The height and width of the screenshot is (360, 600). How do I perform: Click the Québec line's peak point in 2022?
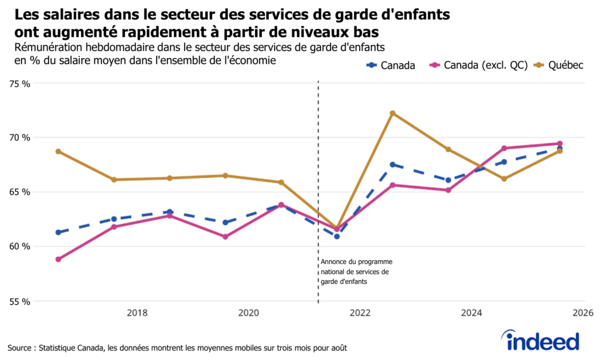(x=393, y=113)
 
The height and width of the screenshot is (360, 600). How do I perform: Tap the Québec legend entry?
(x=559, y=66)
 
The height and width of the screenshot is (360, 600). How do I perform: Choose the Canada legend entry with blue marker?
(x=391, y=66)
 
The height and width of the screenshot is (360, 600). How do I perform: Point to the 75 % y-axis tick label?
(x=19, y=83)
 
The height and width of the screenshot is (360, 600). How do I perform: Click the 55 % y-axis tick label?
(x=19, y=302)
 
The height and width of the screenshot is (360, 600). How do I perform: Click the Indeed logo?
(x=540, y=340)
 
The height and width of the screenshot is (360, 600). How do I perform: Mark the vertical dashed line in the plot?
(x=318, y=176)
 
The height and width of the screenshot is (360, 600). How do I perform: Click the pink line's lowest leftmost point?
(x=59, y=259)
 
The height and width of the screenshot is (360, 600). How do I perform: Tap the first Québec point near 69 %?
(x=59, y=151)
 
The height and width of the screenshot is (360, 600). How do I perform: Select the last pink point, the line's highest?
(x=560, y=144)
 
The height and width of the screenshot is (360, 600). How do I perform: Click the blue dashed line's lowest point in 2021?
(x=337, y=236)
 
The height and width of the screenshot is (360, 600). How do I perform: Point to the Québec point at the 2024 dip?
(x=504, y=179)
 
